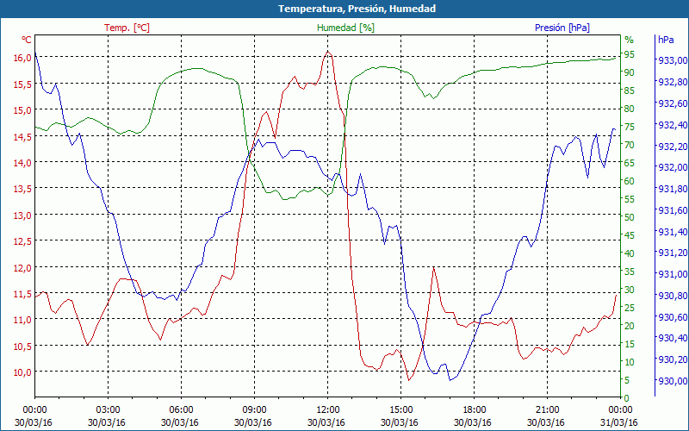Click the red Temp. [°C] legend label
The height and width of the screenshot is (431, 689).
point(127,28)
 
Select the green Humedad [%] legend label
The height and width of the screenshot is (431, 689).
point(346,28)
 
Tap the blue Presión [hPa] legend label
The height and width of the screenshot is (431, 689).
point(562,28)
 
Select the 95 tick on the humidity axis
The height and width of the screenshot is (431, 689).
point(630,53)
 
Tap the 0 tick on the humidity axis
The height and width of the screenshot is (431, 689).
point(627,397)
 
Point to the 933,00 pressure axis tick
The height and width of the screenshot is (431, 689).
point(672,61)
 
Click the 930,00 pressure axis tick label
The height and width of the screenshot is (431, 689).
point(672,381)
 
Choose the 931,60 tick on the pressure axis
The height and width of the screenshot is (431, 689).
point(672,210)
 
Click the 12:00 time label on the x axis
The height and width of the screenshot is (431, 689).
point(327,409)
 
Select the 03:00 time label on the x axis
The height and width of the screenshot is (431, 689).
point(108,409)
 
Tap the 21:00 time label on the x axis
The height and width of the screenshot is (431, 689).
point(547,409)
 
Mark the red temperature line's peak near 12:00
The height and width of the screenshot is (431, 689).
point(327,51)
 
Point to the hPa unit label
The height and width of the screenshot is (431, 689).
point(666,40)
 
